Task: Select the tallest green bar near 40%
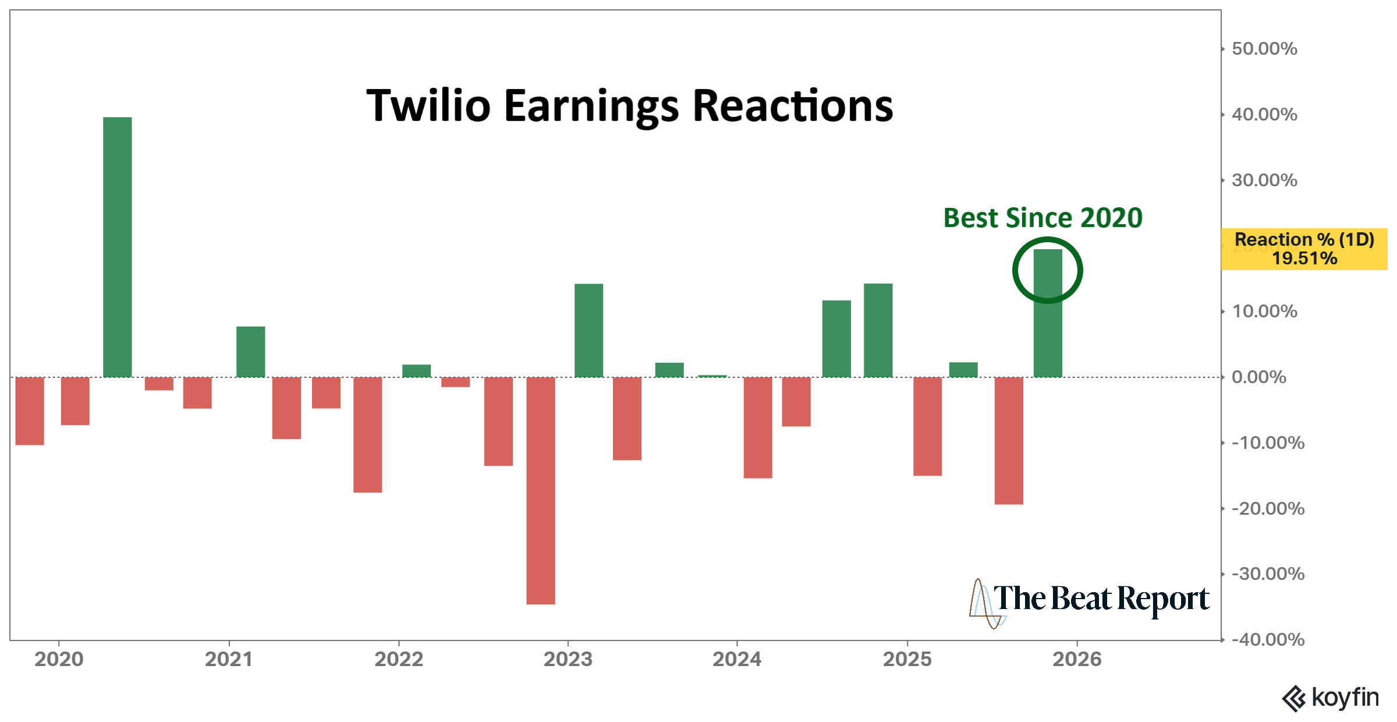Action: pyautogui.click(x=118, y=247)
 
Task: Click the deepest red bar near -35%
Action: pyautogui.click(x=541, y=491)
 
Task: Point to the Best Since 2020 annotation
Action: pyautogui.click(x=1043, y=218)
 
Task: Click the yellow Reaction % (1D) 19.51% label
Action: pyautogui.click(x=1304, y=249)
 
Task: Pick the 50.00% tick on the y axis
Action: pyautogui.click(x=1264, y=48)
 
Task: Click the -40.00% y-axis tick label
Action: pyautogui.click(x=1268, y=639)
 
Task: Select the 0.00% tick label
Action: pyautogui.click(x=1258, y=377)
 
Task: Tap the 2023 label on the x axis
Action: pyautogui.click(x=568, y=659)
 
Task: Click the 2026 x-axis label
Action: pyautogui.click(x=1077, y=659)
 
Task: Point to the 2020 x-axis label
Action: pyautogui.click(x=59, y=659)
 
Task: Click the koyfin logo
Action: pyautogui.click(x=1331, y=698)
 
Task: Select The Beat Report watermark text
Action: pyautogui.click(x=1100, y=599)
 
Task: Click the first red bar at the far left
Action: pyautogui.click(x=30, y=411)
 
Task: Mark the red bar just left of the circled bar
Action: pyautogui.click(x=1009, y=441)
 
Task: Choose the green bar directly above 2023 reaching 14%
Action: pyautogui.click(x=588, y=331)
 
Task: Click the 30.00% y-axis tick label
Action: pyautogui.click(x=1264, y=180)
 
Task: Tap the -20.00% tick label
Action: pyautogui.click(x=1268, y=508)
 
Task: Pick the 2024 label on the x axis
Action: pyautogui.click(x=737, y=659)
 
